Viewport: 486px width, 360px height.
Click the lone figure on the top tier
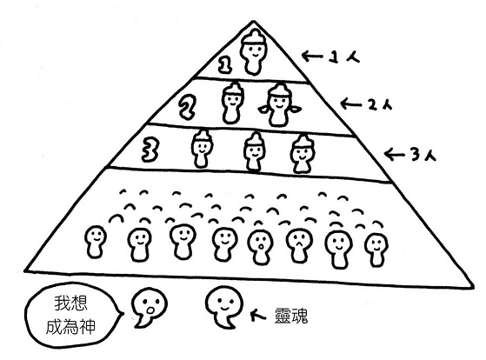(x=253, y=53)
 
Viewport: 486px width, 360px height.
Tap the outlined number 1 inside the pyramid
(x=225, y=64)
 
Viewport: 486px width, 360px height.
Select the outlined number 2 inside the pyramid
(x=186, y=107)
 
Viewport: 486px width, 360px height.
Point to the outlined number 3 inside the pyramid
(x=150, y=150)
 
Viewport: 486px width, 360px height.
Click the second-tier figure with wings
(x=279, y=105)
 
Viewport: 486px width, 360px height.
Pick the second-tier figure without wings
(x=232, y=103)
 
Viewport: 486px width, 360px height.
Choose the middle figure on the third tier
(x=254, y=152)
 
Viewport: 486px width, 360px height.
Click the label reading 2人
(x=380, y=105)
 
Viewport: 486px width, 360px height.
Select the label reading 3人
(x=423, y=155)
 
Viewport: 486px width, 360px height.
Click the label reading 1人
(x=344, y=57)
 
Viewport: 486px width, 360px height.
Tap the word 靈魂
(x=291, y=316)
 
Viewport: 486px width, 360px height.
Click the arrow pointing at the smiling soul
(x=257, y=315)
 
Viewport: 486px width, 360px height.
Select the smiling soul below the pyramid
(x=224, y=306)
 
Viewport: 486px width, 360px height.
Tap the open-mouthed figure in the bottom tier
(x=260, y=247)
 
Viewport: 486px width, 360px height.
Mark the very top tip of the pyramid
(x=254, y=21)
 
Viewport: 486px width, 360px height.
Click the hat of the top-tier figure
(x=254, y=38)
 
